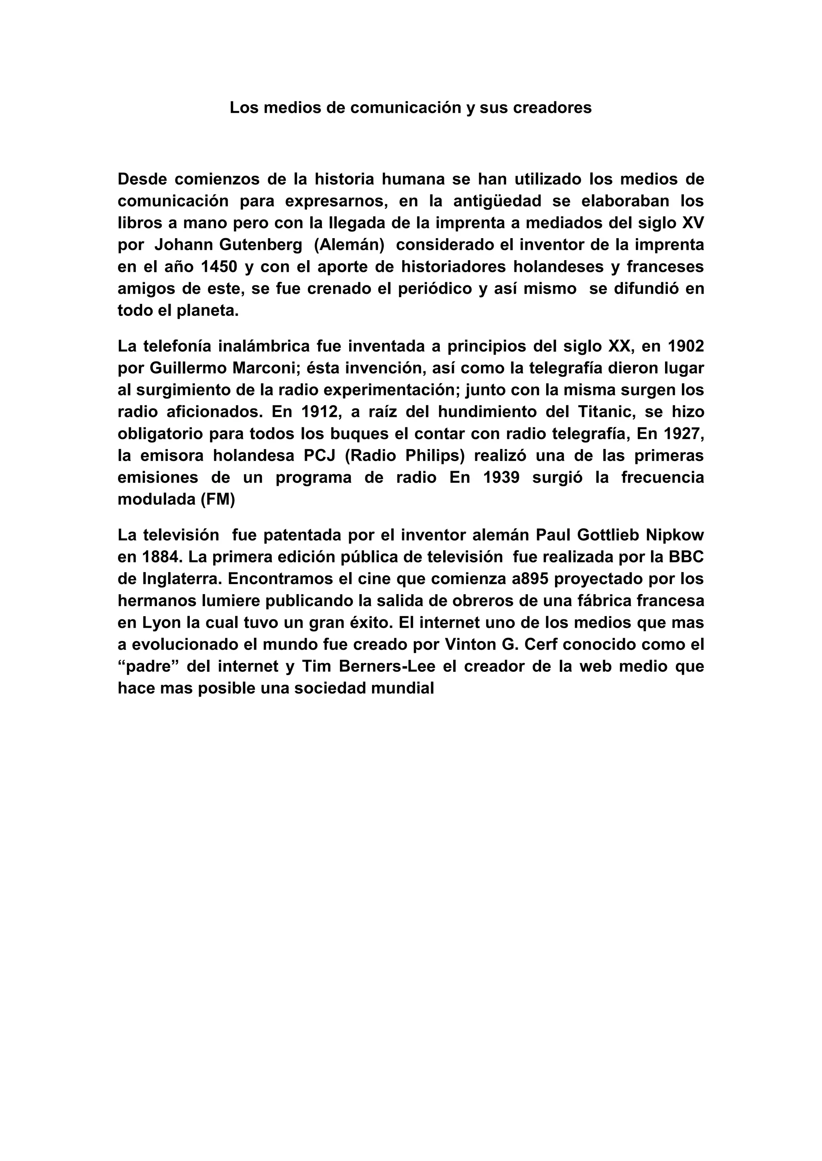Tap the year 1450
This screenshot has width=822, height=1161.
pyautogui.click(x=219, y=267)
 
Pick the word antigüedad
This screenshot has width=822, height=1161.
pyautogui.click(x=497, y=201)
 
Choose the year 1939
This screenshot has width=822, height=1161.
pyautogui.click(x=501, y=477)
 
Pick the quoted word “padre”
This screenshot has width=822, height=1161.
pyautogui.click(x=147, y=666)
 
